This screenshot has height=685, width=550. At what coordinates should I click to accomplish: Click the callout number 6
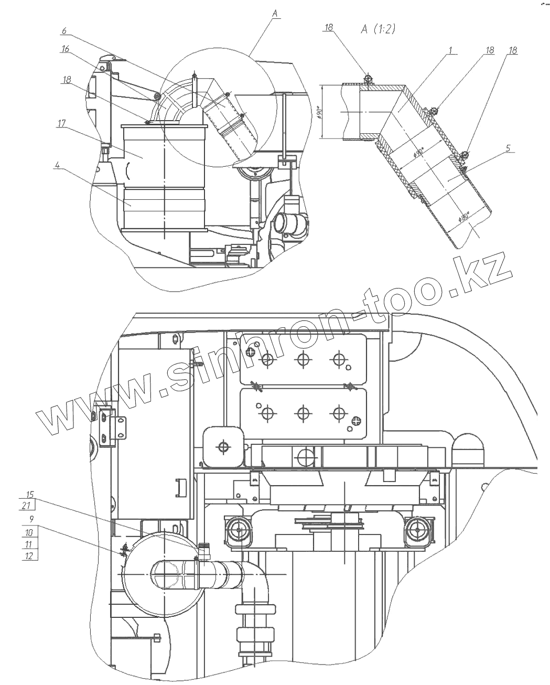click(x=64, y=31)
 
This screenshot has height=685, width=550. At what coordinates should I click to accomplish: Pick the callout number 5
click(x=507, y=148)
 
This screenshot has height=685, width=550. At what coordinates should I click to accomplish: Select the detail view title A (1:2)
click(x=378, y=29)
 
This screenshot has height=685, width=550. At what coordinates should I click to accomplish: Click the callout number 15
click(x=30, y=494)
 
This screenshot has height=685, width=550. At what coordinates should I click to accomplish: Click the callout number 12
click(x=29, y=556)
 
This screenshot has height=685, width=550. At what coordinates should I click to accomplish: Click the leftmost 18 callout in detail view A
click(x=329, y=28)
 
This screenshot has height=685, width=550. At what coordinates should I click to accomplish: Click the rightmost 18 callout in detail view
click(x=513, y=50)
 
